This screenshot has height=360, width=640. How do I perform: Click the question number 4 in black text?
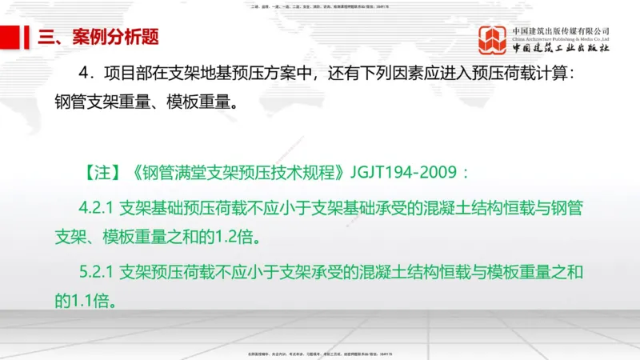[x=83, y=73]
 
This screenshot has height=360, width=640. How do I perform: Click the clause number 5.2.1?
[x=98, y=273]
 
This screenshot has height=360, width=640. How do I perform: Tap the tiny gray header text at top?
[x=320, y=6]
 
